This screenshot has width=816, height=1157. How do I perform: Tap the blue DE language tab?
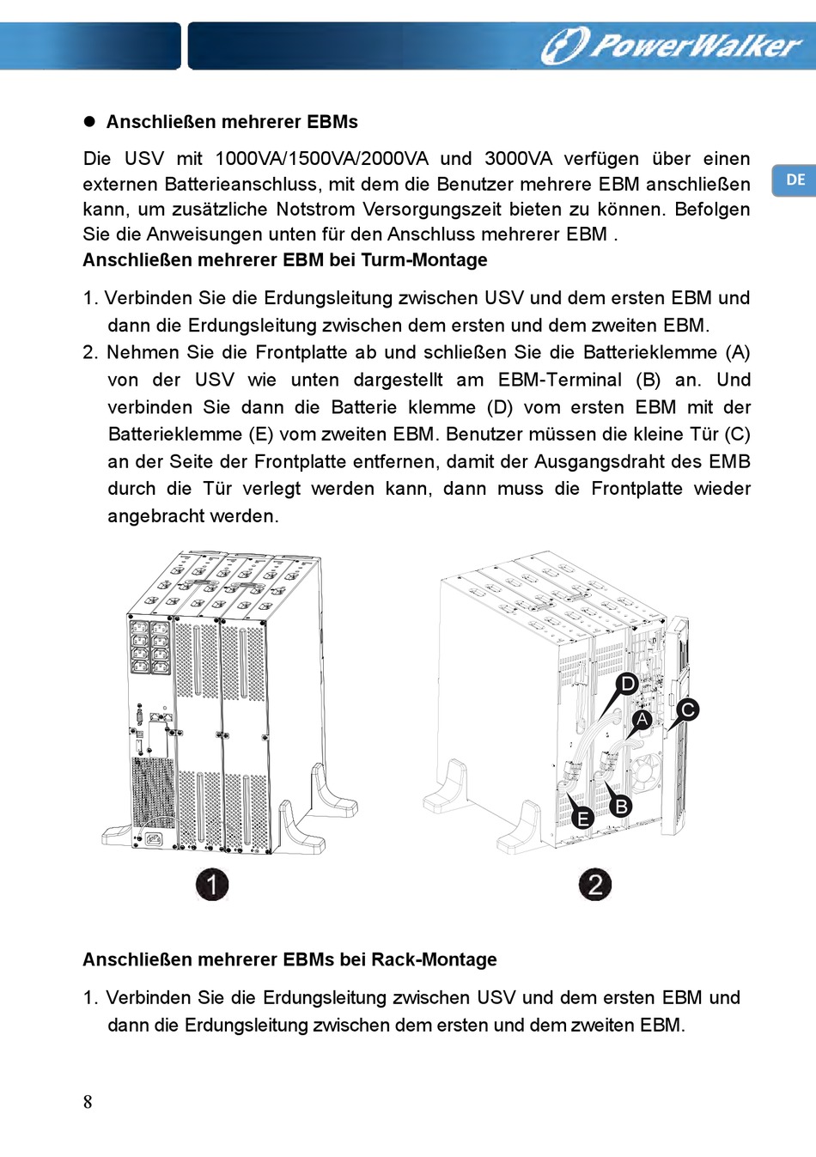point(795,180)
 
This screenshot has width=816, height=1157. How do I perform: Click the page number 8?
point(88,1102)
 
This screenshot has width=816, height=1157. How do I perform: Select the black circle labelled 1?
point(212,884)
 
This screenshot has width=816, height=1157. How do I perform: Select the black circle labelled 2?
point(595,884)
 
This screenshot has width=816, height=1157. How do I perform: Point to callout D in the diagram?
point(628,684)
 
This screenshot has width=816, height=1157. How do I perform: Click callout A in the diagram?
point(642,719)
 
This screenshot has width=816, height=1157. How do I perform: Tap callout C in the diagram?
point(687,709)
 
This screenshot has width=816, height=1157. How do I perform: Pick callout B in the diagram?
point(620,806)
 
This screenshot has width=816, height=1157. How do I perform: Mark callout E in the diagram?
point(583,818)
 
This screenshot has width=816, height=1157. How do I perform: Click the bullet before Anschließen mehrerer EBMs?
point(89,122)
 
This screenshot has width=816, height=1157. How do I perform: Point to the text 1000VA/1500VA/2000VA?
point(321,159)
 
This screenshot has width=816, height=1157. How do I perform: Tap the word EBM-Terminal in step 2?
point(560,380)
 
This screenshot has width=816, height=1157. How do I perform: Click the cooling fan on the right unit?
point(647,773)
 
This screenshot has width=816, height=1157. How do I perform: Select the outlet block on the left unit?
point(149,646)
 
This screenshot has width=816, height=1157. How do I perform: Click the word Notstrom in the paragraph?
point(316,210)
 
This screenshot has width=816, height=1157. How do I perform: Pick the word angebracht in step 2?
point(151,516)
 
